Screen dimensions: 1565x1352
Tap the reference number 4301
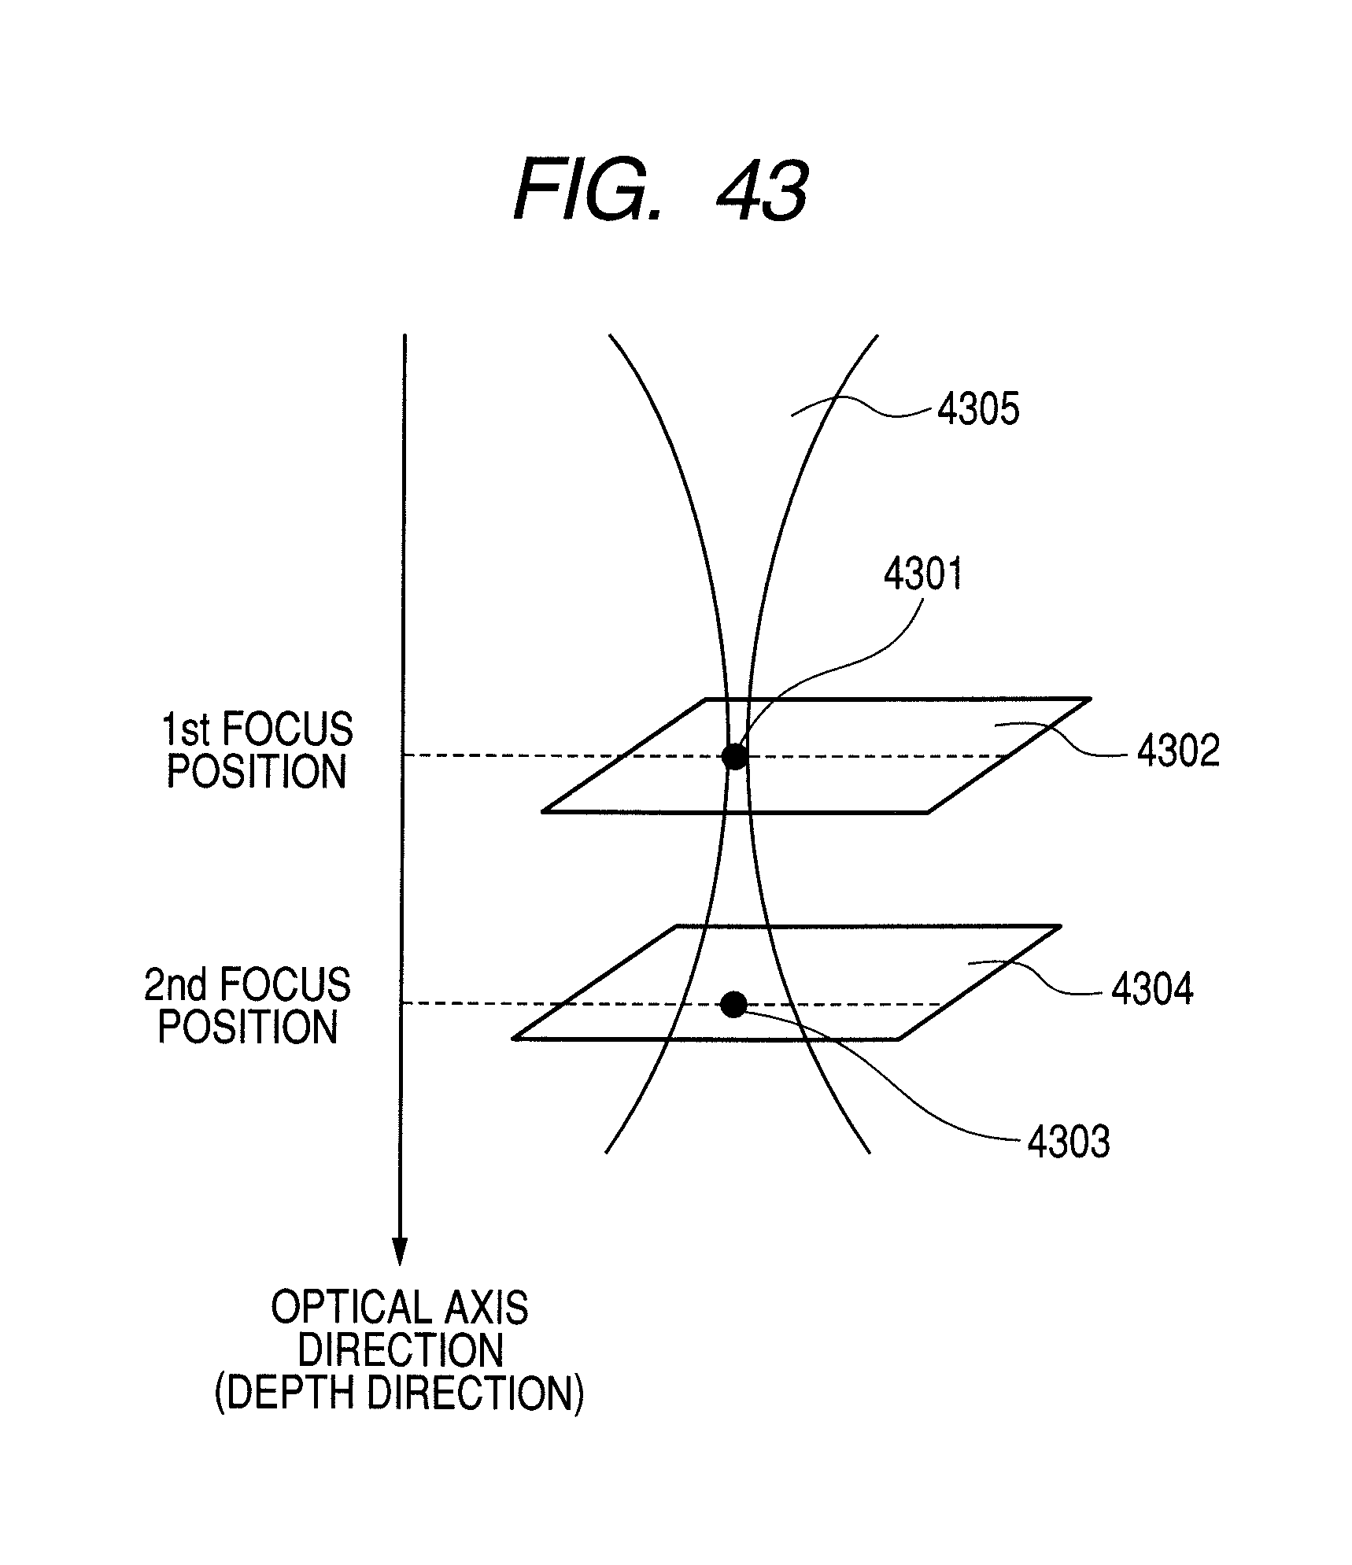point(923,574)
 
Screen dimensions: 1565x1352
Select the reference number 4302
point(1178,751)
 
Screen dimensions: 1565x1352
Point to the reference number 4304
point(1152,989)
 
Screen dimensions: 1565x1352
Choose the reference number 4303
point(1069,1142)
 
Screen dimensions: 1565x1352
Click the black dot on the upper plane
point(734,757)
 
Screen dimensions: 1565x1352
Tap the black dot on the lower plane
point(734,1004)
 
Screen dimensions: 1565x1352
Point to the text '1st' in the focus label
point(186,730)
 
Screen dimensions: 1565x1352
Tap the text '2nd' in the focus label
point(175,985)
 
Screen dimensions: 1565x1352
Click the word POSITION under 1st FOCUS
point(257,773)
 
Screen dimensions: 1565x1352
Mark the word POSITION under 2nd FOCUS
point(248,1028)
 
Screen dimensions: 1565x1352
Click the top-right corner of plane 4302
point(1090,699)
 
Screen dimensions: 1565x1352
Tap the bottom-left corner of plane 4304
point(514,1039)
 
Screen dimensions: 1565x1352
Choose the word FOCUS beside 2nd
point(285,985)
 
